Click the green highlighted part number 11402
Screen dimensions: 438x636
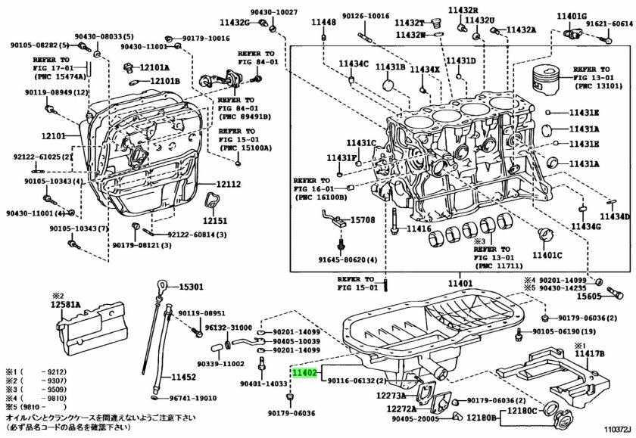(x=304, y=373)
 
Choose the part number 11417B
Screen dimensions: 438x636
(x=588, y=353)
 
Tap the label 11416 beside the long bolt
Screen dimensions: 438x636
(x=418, y=228)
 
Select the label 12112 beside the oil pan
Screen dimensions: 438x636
(x=227, y=184)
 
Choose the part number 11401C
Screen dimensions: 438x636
(x=547, y=255)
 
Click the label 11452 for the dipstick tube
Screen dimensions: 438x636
(x=183, y=377)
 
